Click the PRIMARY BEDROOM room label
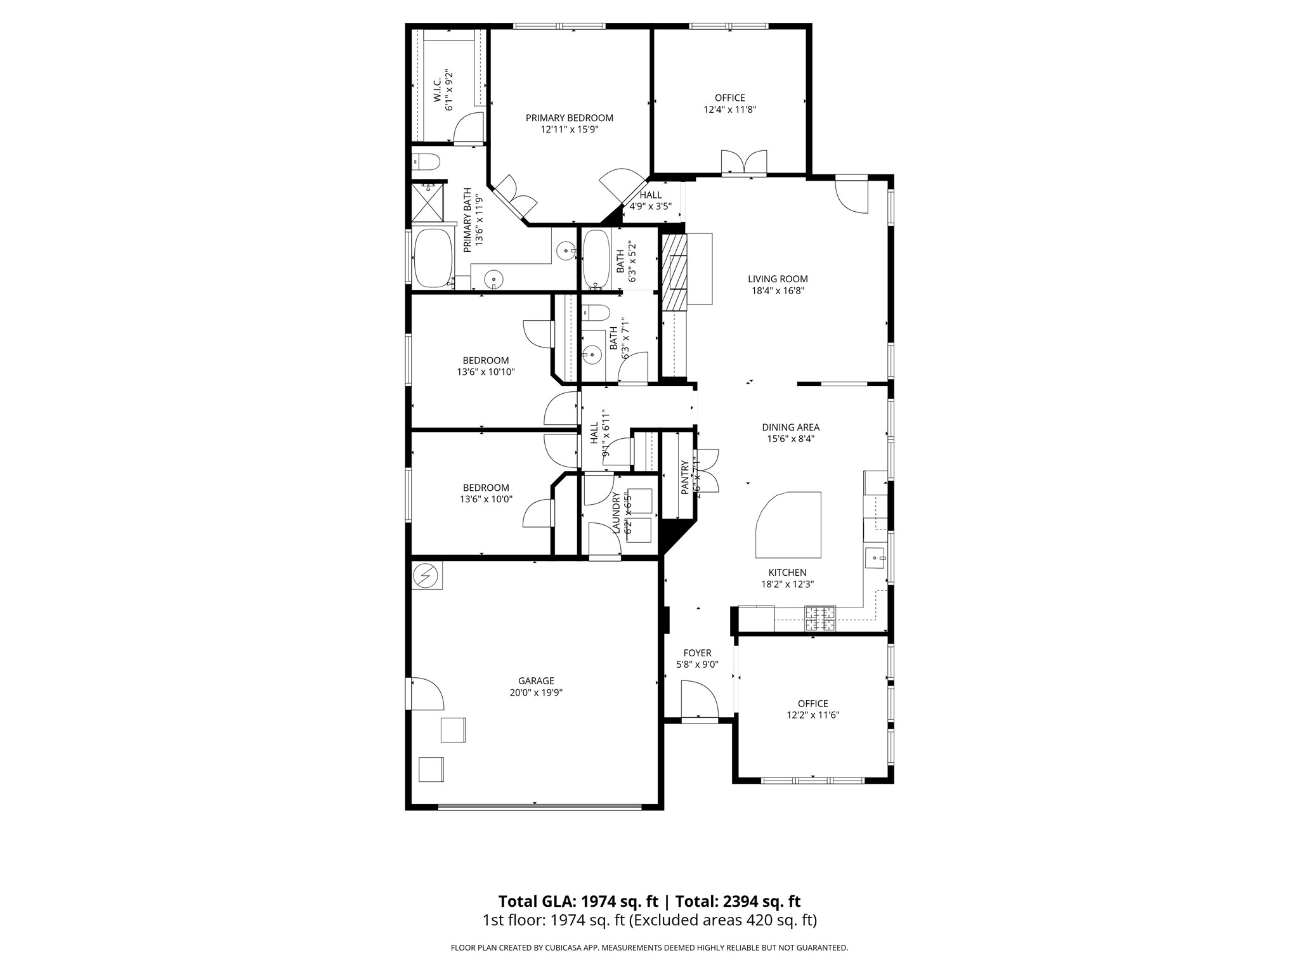(x=569, y=118)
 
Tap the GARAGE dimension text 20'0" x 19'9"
(x=536, y=693)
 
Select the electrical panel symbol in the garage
(x=426, y=576)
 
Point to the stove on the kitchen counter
(x=820, y=618)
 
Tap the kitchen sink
(x=875, y=559)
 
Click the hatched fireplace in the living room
(x=674, y=272)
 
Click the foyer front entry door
(x=699, y=700)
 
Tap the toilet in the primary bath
(x=426, y=162)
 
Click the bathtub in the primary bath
(x=433, y=258)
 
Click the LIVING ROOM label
(x=778, y=279)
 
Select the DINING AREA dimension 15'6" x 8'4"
(x=790, y=438)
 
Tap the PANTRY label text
(x=684, y=477)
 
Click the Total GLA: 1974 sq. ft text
(x=578, y=901)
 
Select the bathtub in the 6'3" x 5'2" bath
(x=595, y=258)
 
